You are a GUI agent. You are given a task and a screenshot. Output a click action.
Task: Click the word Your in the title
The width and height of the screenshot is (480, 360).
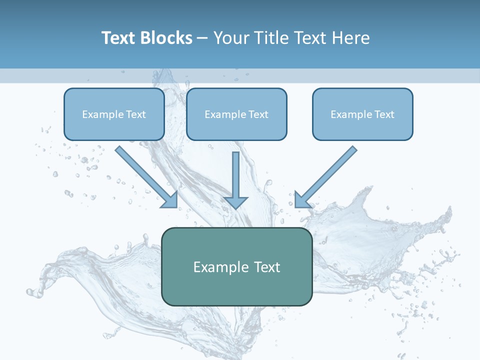(230, 38)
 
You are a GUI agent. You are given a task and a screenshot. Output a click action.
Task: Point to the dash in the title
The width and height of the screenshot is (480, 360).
(202, 38)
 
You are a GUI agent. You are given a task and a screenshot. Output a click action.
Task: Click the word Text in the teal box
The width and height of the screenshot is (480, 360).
(267, 267)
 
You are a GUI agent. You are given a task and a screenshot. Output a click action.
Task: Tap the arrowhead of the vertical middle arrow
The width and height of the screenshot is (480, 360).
(235, 202)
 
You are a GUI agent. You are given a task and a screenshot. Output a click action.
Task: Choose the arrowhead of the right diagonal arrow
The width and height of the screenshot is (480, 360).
(301, 200)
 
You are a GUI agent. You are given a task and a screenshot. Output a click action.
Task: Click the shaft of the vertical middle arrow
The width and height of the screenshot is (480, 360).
(235, 172)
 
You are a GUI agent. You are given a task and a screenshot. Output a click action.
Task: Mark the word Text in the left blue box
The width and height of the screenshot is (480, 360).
(135, 114)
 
